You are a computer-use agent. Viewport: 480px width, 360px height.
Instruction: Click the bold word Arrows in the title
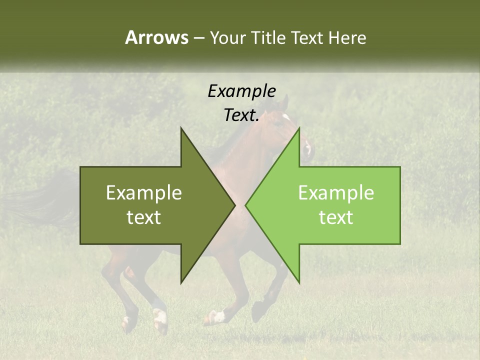click(156, 38)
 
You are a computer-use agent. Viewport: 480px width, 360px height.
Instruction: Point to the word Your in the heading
click(227, 38)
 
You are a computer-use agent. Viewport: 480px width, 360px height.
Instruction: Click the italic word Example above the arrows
click(241, 91)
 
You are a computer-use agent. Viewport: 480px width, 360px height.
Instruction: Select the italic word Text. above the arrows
click(241, 115)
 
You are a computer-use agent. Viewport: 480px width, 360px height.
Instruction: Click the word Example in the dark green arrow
click(144, 192)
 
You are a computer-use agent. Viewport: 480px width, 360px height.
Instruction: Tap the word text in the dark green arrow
click(144, 217)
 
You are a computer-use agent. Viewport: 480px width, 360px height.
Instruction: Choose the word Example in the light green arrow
click(336, 192)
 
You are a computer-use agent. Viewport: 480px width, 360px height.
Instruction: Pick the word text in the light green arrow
click(336, 217)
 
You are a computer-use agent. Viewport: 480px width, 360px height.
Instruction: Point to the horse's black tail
click(45, 200)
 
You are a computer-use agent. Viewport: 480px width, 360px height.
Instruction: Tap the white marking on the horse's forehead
click(286, 117)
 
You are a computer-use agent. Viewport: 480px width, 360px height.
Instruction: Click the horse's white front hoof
click(218, 316)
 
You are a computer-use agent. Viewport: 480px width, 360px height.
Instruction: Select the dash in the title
click(198, 38)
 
